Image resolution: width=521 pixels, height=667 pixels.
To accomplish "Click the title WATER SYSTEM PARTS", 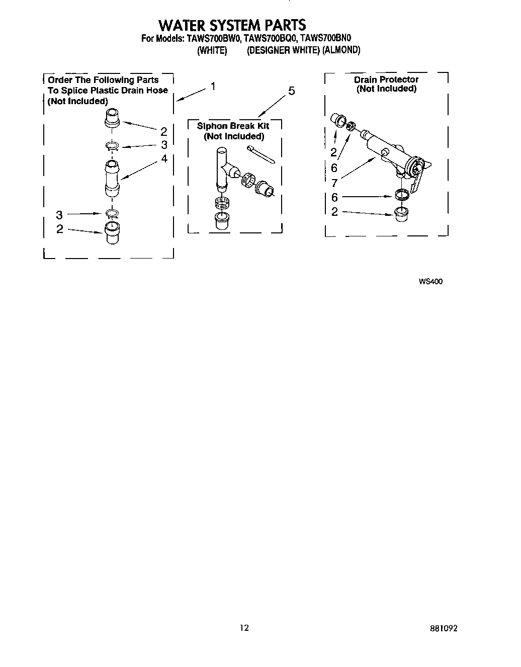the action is tap(232, 25).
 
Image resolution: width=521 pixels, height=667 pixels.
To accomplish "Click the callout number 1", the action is tap(213, 87).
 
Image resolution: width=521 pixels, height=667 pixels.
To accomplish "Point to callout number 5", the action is tap(291, 91).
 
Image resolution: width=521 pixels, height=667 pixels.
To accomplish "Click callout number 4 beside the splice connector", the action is tap(164, 158).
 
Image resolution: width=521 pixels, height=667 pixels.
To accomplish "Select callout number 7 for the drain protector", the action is tap(334, 183).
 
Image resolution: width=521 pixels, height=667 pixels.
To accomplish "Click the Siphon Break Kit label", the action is tap(233, 126).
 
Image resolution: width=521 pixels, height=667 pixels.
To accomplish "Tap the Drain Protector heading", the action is tap(386, 79).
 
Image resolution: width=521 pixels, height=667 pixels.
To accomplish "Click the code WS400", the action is tap(430, 282).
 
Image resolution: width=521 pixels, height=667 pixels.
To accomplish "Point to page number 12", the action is tap(244, 628).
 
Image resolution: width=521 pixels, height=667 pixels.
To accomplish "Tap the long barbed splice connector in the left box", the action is tap(112, 179).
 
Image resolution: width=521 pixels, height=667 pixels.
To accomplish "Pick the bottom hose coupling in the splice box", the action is tap(112, 233).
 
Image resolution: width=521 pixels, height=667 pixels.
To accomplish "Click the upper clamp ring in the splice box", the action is tap(112, 146).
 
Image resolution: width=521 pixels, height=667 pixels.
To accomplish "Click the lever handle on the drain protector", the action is tap(418, 179).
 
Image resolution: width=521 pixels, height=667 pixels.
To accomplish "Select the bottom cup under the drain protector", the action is tap(401, 214).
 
